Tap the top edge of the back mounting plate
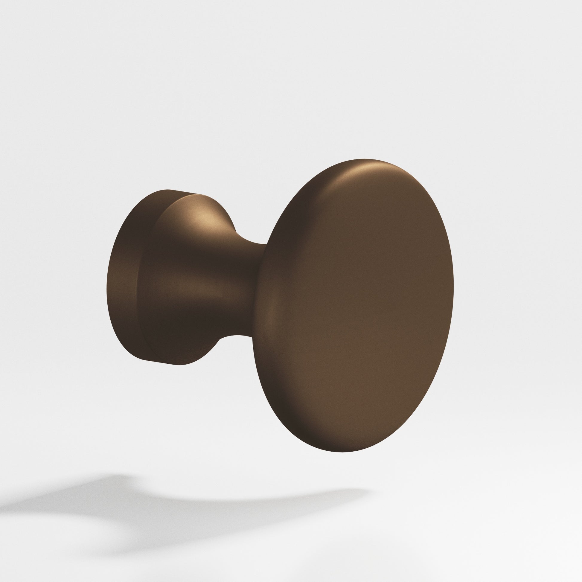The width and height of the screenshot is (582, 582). pos(169,191)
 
